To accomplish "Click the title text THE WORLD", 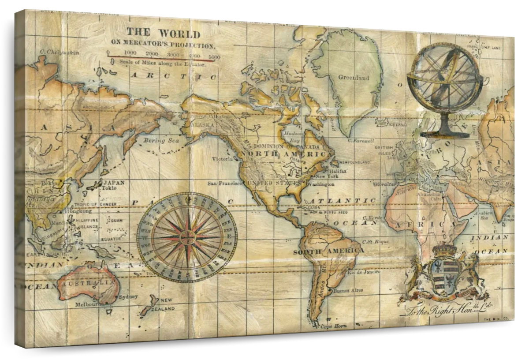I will pos(164,34).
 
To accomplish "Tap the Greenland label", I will pos(354,78).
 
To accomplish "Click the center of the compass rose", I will pos(187,237).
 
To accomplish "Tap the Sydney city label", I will pos(128,297).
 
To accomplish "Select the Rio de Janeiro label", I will pos(364,272).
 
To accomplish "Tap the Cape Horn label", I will pos(333,326).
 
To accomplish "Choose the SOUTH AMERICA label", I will pos(329,251).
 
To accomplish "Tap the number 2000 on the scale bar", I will pos(152,54).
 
